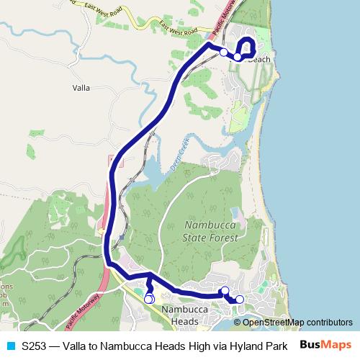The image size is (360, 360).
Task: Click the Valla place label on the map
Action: (x=81, y=88)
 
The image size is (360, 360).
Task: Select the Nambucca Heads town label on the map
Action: (x=180, y=315)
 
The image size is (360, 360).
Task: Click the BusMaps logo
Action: (x=325, y=345)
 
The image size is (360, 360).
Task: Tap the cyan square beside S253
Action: (x=9, y=345)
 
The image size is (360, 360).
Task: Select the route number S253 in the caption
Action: (x=35, y=345)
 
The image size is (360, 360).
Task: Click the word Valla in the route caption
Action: (x=77, y=345)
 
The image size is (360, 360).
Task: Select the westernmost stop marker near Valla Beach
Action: (x=225, y=52)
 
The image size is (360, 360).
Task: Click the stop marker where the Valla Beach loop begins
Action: (x=238, y=56)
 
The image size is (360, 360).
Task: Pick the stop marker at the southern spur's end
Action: (x=149, y=299)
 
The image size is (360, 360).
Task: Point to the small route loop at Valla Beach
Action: (x=246, y=45)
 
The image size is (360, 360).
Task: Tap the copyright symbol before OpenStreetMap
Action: (x=238, y=323)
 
